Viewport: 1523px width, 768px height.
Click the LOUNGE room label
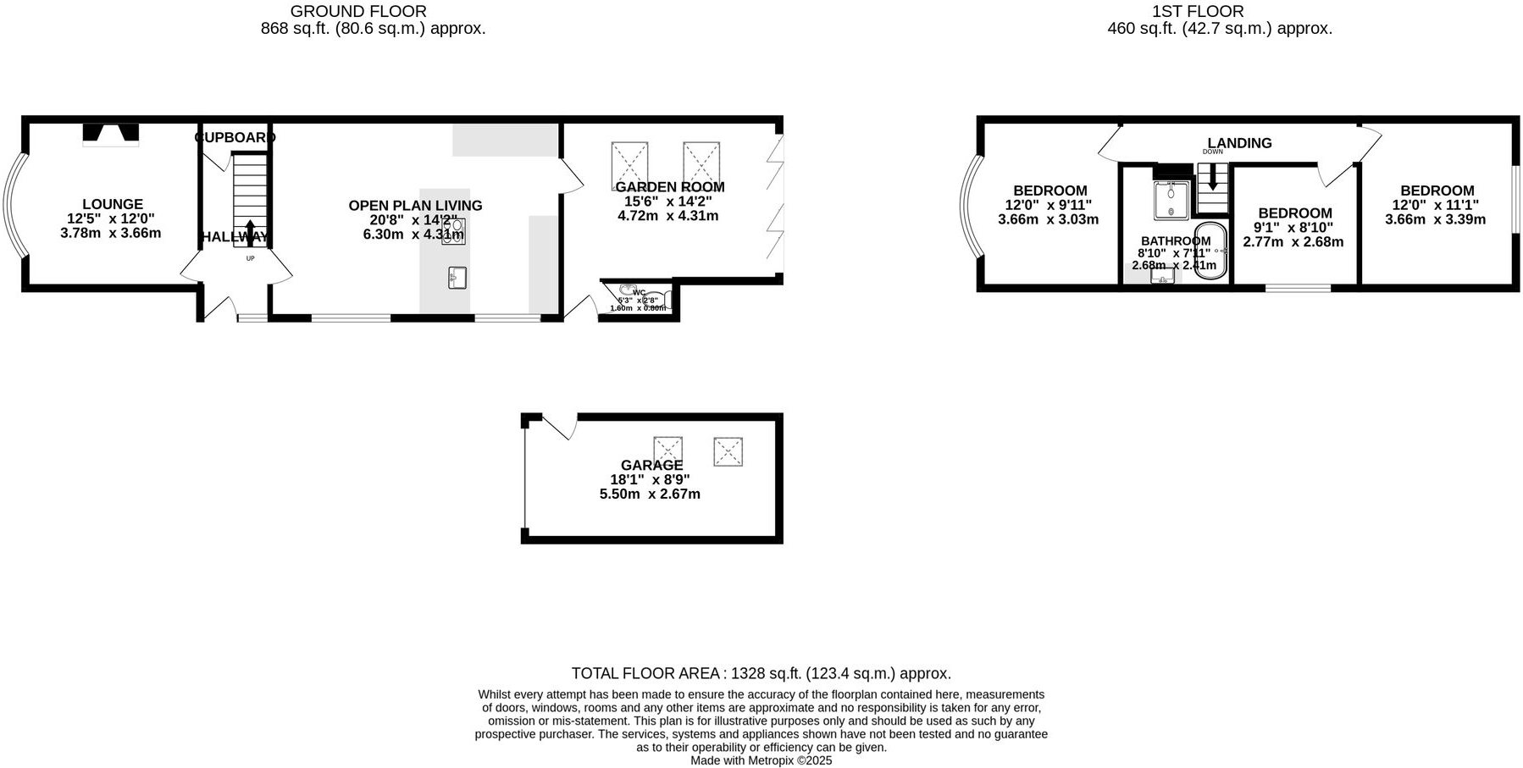click(x=113, y=204)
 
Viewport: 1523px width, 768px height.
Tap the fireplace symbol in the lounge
click(x=110, y=134)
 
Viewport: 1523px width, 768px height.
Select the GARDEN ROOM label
click(x=669, y=187)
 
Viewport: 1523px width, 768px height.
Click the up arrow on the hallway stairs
click(x=250, y=230)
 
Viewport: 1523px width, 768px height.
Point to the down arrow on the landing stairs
click(x=1212, y=177)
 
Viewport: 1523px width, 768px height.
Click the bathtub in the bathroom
click(x=1210, y=251)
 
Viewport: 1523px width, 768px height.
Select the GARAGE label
click(x=651, y=465)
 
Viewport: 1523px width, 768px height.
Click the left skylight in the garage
click(x=667, y=450)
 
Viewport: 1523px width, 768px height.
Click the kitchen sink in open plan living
click(x=457, y=277)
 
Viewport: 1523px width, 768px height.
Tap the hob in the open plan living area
click(x=453, y=231)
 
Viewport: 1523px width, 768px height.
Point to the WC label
click(x=639, y=293)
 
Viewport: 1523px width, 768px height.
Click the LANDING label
click(x=1239, y=143)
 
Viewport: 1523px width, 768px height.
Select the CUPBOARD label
click(x=235, y=137)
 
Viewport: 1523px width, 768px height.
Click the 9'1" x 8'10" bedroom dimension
click(x=1293, y=228)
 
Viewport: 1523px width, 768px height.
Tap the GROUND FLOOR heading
click(x=358, y=12)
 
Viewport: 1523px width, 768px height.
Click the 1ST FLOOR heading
click(x=1198, y=12)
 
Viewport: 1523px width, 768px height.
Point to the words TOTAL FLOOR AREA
click(x=645, y=674)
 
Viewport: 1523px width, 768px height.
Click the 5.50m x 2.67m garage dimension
click(x=650, y=495)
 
